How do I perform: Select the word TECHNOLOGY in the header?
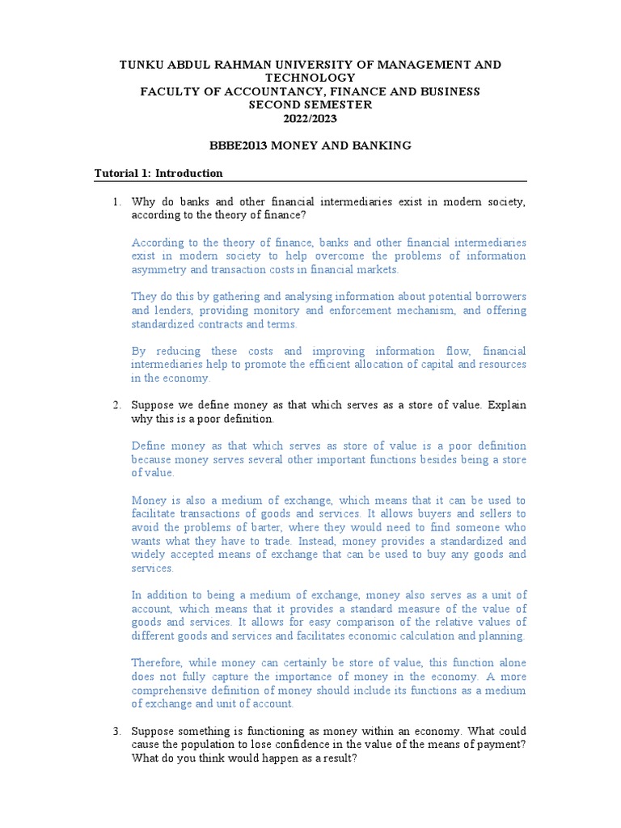(310, 78)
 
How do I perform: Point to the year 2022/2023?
(310, 118)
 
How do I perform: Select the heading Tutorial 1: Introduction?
(158, 173)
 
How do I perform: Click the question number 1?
(116, 201)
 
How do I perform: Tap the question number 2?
(116, 404)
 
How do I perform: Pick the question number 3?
(116, 730)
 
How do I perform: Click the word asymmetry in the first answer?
(158, 269)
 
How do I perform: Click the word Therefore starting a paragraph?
(160, 663)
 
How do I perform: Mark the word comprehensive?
(170, 691)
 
